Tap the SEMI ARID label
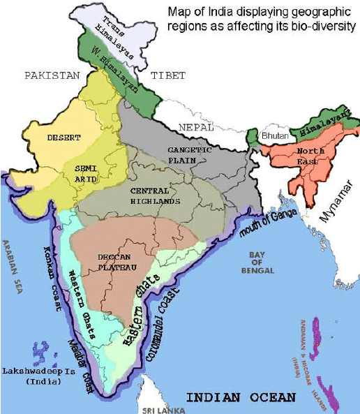click(x=86, y=173)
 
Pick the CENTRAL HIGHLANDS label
click(x=155, y=195)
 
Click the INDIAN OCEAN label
click(x=241, y=397)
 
